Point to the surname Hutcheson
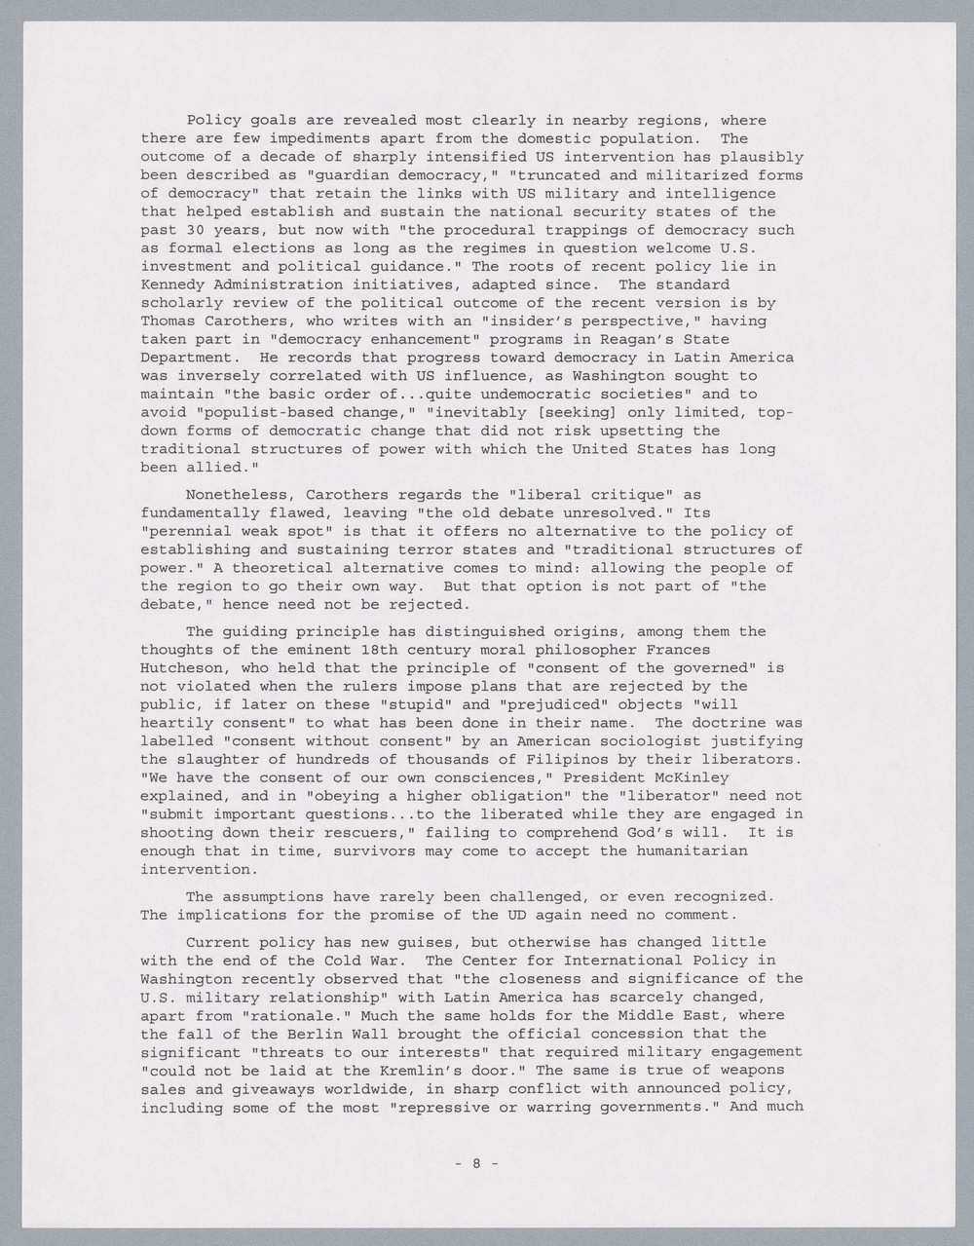tap(182, 667)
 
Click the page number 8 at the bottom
tap(477, 1162)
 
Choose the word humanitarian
tap(690, 850)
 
